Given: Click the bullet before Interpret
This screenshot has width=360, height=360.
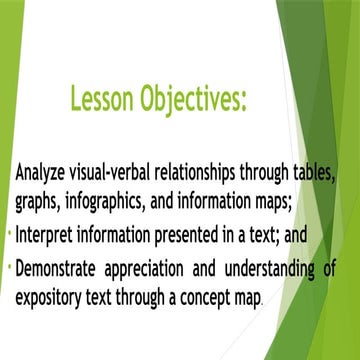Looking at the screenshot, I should pos(8,235).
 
